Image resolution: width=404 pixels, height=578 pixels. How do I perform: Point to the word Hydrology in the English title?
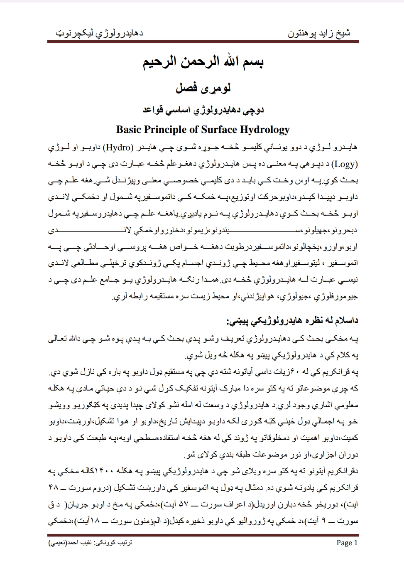click(x=265, y=130)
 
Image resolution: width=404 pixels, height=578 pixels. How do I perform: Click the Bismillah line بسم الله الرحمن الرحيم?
click(x=202, y=64)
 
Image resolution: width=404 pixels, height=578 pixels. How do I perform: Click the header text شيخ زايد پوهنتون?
click(x=319, y=33)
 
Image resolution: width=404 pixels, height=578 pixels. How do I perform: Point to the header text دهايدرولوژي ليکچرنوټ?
click(x=99, y=33)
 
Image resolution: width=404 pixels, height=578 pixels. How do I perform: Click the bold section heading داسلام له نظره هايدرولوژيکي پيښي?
click(x=292, y=321)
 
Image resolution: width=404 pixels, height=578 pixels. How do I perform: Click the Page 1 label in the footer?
click(x=347, y=543)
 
